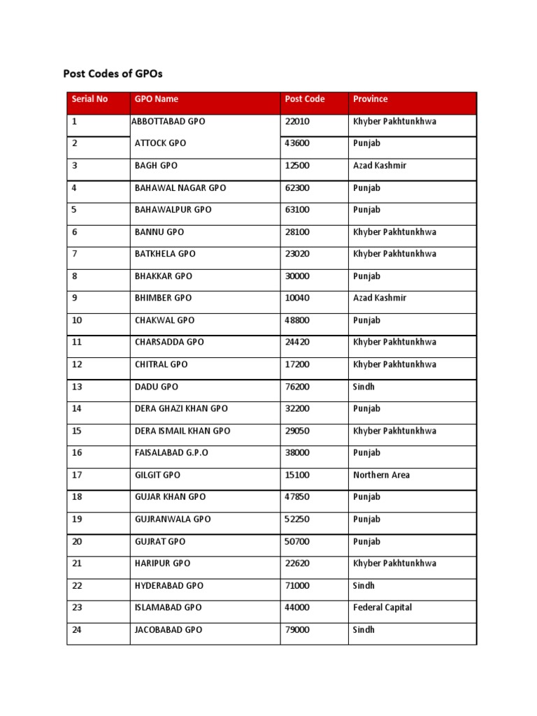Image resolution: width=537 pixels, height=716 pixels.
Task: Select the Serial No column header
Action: tap(89, 99)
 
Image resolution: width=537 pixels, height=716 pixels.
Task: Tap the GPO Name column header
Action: tap(157, 99)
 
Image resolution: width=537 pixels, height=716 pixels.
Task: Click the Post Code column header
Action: tap(305, 99)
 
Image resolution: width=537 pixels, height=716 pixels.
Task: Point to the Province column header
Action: tap(371, 99)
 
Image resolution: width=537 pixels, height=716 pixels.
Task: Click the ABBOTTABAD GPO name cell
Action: tap(169, 122)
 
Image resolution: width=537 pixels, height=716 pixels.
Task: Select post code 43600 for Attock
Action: tap(297, 143)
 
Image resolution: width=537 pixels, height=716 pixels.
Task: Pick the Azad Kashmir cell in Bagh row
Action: tap(380, 166)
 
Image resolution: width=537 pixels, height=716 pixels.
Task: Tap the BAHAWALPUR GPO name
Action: tap(173, 210)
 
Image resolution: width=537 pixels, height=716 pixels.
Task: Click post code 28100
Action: tap(297, 232)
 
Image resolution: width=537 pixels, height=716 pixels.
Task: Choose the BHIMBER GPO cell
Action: tap(163, 298)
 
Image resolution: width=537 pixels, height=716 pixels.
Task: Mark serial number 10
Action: tap(77, 320)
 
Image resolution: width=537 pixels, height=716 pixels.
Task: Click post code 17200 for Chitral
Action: tap(297, 364)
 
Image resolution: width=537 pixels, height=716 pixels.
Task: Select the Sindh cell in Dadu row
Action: tap(364, 387)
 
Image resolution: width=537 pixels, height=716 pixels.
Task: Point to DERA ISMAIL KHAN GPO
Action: tap(182, 431)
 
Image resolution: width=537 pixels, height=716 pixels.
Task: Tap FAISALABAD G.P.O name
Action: tap(171, 453)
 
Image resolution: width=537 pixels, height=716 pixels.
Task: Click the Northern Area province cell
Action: tap(382, 475)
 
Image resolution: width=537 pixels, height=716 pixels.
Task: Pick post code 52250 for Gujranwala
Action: tap(297, 520)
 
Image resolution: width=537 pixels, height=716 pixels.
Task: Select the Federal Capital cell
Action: tap(382, 608)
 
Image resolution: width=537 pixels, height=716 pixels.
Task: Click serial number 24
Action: tap(77, 630)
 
